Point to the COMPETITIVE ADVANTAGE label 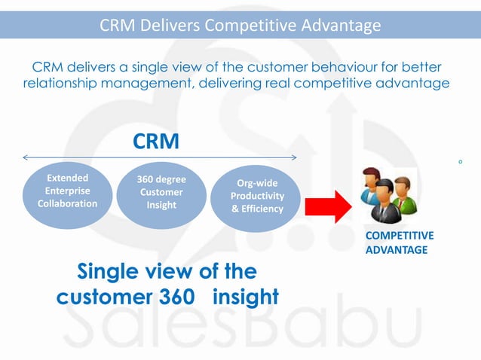pos(399,243)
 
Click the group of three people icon pos(386,197)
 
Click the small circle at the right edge pos(460,161)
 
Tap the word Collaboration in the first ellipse pos(67,203)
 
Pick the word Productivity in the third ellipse pos(257,196)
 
